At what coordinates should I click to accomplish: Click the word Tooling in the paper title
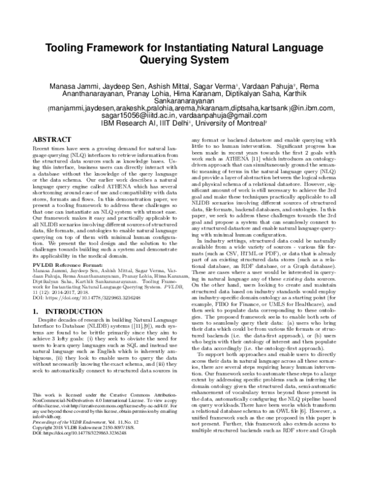pos(68,49)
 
